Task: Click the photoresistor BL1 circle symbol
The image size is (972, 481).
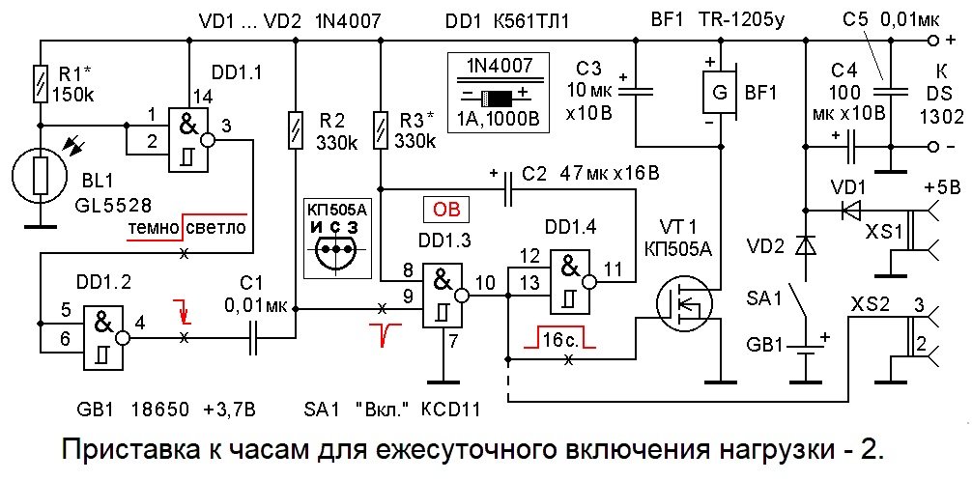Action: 40,177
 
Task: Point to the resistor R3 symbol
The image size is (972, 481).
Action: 383,128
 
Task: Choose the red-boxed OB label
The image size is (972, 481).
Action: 445,210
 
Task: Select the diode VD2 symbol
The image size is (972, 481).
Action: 803,247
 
